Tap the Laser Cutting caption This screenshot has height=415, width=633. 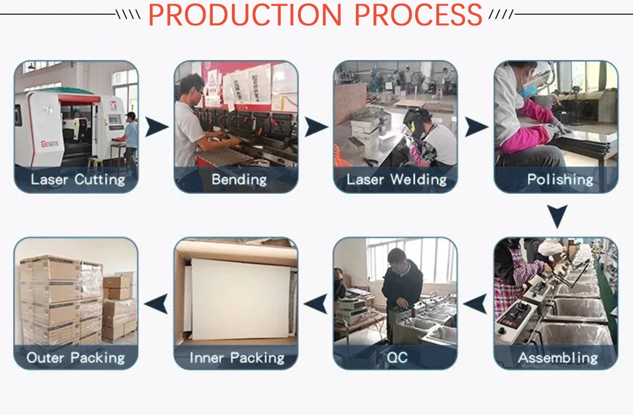pyautogui.click(x=77, y=179)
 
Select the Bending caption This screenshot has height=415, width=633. pyautogui.click(x=239, y=179)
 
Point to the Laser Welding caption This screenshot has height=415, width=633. pyautogui.click(x=397, y=179)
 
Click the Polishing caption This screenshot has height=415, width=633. pyautogui.click(x=560, y=179)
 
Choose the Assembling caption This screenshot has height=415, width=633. pyautogui.click(x=558, y=358)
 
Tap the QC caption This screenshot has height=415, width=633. pyautogui.click(x=397, y=358)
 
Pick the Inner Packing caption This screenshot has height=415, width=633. pyautogui.click(x=236, y=358)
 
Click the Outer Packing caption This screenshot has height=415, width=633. pyautogui.click(x=75, y=358)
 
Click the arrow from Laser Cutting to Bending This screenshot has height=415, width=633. pyautogui.click(x=155, y=127)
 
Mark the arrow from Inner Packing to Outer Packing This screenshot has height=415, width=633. pyautogui.click(x=155, y=304)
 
